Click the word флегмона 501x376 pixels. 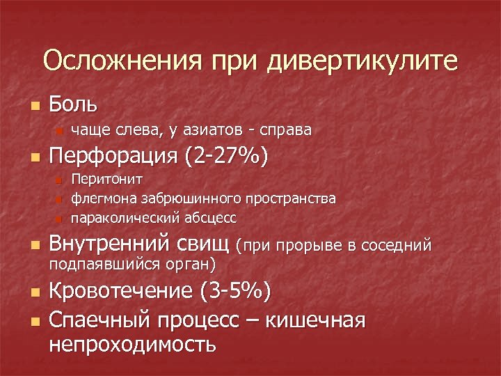[x=103, y=199]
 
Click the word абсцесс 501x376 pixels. [x=210, y=218]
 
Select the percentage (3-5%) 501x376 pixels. [x=235, y=290]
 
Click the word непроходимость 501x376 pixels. [x=132, y=344]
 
